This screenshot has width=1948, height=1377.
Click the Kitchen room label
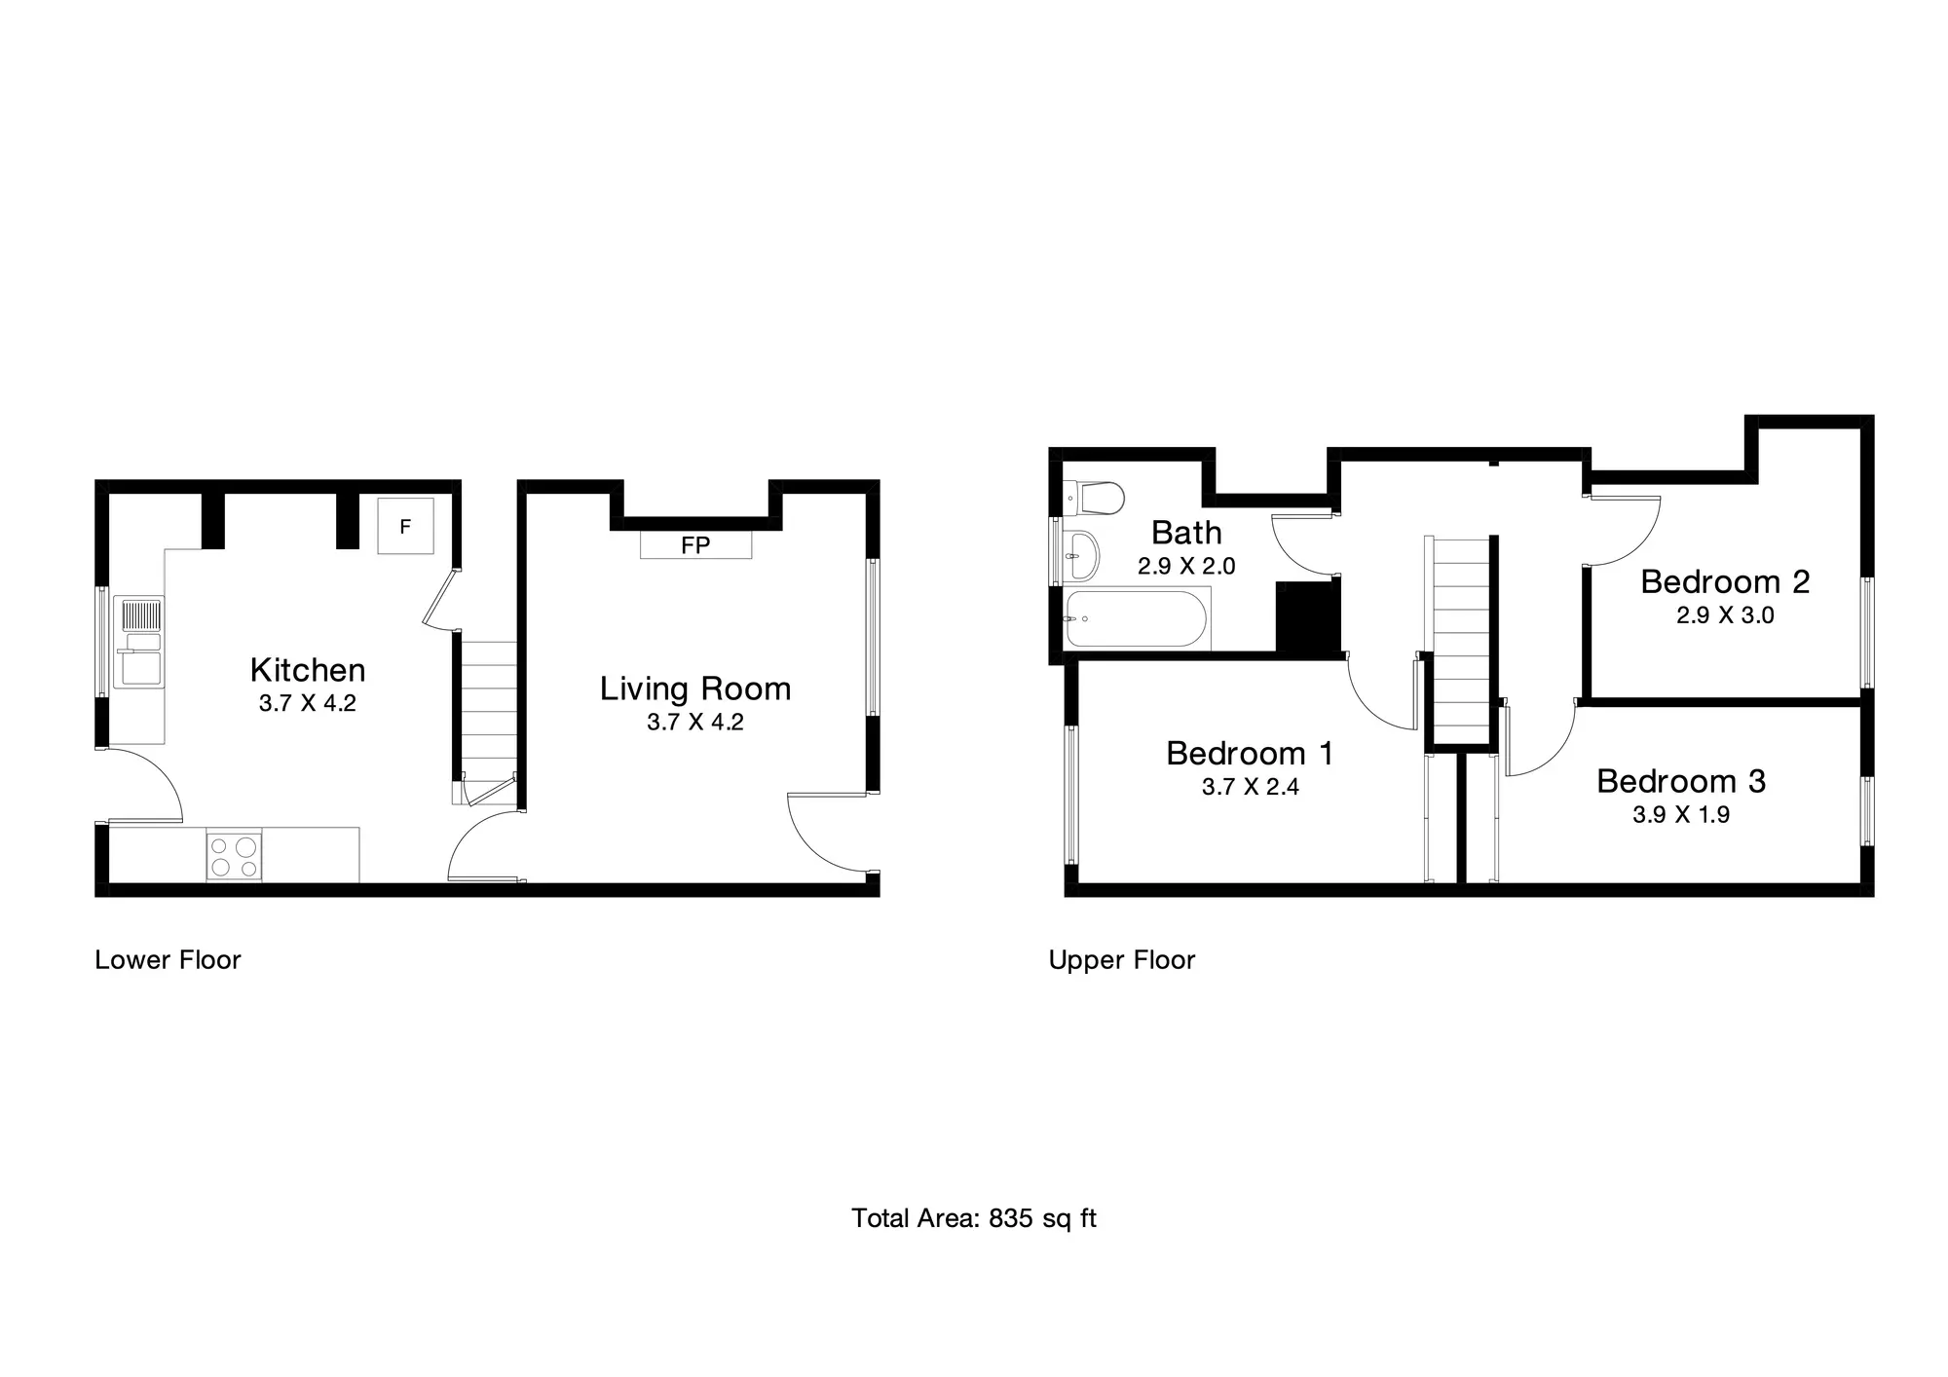pos(308,670)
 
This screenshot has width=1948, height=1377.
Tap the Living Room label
pos(695,689)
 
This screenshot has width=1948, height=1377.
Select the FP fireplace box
pos(695,544)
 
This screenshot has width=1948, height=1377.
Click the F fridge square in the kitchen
pos(405,526)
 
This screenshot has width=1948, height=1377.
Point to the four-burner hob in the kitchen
pos(234,855)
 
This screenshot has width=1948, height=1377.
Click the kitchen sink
pos(138,643)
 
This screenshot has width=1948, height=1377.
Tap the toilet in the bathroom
pos(1095,498)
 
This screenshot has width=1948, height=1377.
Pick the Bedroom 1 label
pos(1250,754)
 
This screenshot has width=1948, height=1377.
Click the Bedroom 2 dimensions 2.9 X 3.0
pos(1725,615)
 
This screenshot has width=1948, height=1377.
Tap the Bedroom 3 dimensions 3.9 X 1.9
pos(1681,815)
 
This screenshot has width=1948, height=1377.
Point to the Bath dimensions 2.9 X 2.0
pos(1186,567)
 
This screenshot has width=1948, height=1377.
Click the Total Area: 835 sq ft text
pos(974,1218)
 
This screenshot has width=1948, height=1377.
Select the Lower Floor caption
pos(168,960)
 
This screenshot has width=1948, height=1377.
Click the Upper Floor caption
pos(1121,960)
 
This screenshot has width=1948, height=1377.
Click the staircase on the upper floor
pos(1458,640)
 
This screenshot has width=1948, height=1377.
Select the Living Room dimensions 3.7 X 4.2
pos(695,723)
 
